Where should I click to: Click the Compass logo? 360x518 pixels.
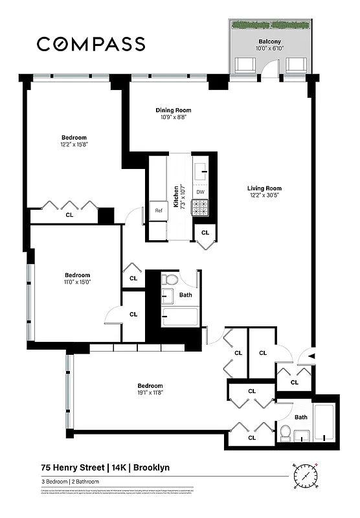91,44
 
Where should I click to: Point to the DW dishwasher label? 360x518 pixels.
201,192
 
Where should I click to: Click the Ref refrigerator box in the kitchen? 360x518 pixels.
158,210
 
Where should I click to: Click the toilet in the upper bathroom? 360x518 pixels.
170,280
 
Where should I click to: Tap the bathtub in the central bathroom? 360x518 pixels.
180,317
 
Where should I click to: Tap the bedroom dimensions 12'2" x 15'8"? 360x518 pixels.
74,145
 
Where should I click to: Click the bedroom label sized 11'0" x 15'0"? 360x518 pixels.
76,275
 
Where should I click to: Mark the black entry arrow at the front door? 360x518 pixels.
312,356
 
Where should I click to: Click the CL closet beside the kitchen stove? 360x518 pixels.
205,232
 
